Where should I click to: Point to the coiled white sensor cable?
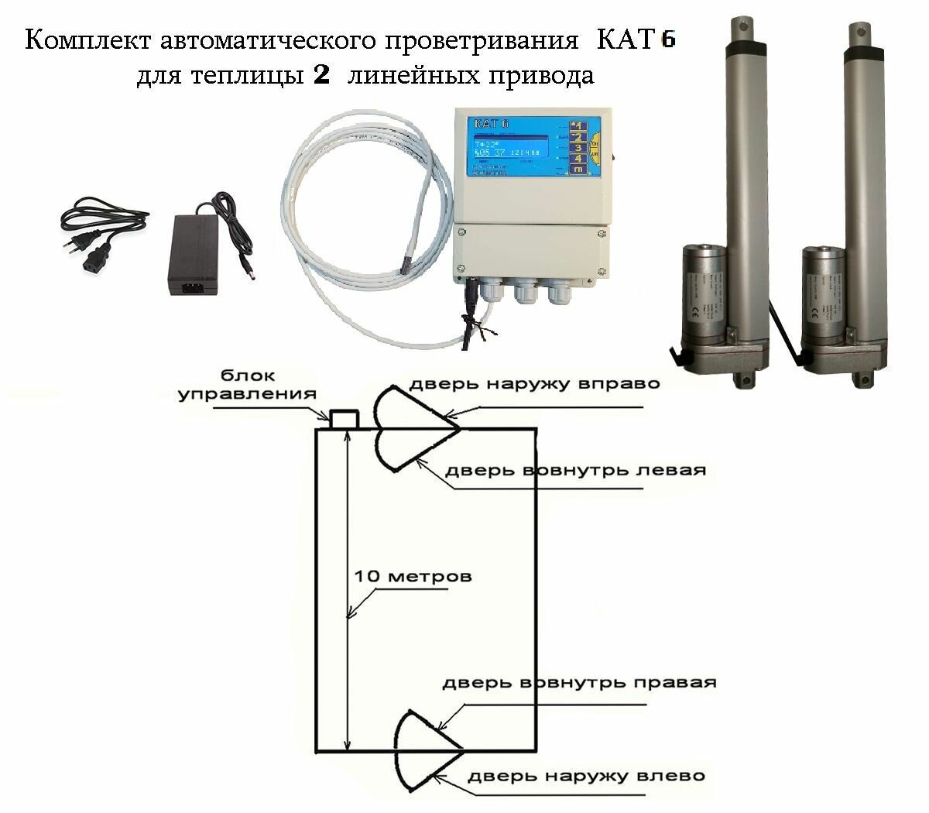coord(341,232)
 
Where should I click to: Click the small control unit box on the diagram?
coord(344,419)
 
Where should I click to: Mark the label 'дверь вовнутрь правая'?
coord(579,684)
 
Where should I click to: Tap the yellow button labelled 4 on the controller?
coord(578,156)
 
